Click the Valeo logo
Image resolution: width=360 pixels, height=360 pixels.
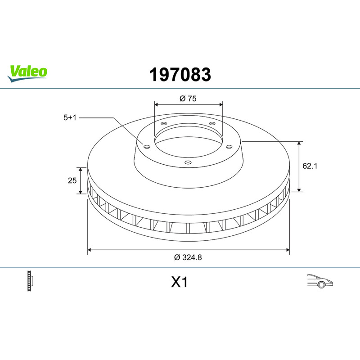pyautogui.click(x=27, y=73)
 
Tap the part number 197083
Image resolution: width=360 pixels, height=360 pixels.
pyautogui.click(x=180, y=75)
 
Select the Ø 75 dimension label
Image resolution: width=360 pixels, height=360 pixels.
pyautogui.click(x=188, y=99)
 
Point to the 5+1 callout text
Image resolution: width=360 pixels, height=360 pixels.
pyautogui.click(x=70, y=117)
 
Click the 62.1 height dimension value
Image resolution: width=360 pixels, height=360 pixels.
pyautogui.click(x=310, y=166)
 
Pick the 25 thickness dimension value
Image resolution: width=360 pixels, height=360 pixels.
pyautogui.click(x=72, y=180)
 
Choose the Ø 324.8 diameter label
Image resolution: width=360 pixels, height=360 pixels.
pyautogui.click(x=188, y=257)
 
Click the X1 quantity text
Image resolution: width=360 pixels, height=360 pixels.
pyautogui.click(x=179, y=282)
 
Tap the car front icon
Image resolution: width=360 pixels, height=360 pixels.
pyautogui.click(x=320, y=281)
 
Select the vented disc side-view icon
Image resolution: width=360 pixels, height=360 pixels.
pyautogui.click(x=30, y=281)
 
